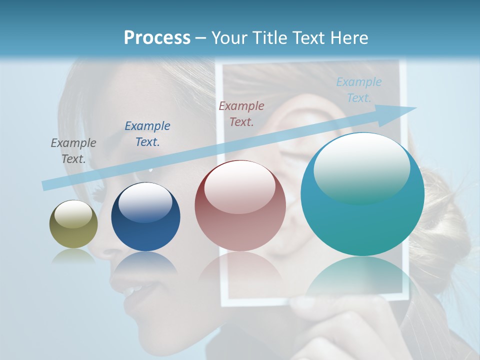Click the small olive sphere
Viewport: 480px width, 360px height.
coord(73,224)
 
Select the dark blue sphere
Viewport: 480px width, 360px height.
coord(145,217)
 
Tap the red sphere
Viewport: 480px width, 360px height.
coord(240,206)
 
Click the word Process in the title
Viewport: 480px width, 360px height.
coord(157,37)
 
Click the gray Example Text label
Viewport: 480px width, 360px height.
coord(73,150)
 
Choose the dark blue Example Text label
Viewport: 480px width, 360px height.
coord(147,133)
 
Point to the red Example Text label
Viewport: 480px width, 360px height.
coord(241,113)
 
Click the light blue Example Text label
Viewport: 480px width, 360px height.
coord(359,89)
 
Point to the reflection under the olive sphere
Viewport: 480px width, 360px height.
coord(73,256)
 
